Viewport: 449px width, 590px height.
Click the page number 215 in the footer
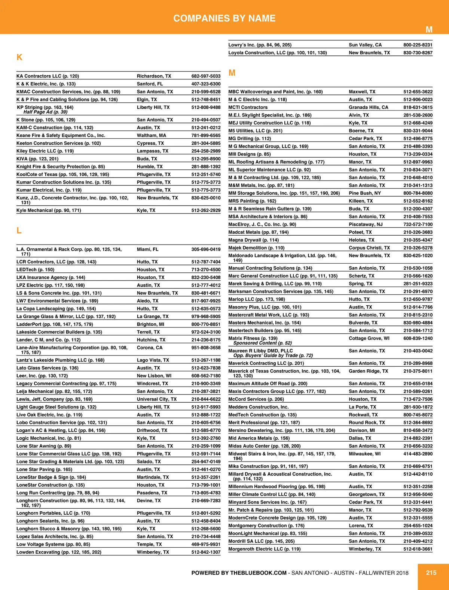click(x=431, y=572)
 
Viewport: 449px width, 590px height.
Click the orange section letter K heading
click(x=19, y=57)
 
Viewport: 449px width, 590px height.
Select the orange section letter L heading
click(x=19, y=230)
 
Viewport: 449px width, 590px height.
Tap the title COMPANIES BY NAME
click(x=224, y=18)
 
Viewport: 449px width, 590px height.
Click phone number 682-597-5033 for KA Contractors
click(x=206, y=76)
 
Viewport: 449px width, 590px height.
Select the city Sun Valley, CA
click(x=365, y=45)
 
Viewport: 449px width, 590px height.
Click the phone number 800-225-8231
click(x=418, y=45)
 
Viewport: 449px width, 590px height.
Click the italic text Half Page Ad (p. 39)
click(x=45, y=112)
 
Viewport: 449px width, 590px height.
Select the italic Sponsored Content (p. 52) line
click(x=262, y=343)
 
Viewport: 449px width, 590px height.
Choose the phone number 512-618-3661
click(x=418, y=549)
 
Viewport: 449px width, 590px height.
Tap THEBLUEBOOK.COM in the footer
click(x=258, y=573)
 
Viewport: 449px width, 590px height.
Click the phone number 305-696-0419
click(x=206, y=249)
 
